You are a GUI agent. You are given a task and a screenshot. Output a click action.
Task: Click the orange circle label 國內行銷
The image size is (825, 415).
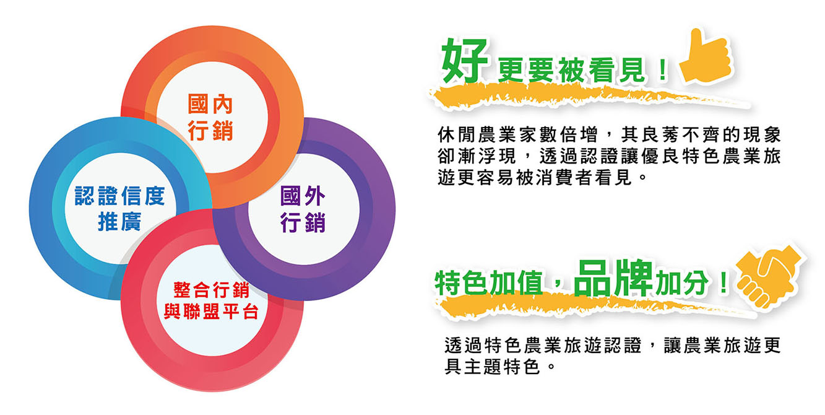click(210, 118)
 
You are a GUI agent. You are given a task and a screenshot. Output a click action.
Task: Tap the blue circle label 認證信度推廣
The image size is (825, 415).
click(119, 209)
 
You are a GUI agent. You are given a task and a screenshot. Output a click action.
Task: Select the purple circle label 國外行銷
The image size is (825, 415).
click(303, 209)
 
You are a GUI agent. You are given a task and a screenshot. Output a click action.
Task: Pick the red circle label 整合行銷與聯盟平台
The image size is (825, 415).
click(212, 301)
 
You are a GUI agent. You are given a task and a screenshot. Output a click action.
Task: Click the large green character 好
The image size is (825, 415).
click(465, 61)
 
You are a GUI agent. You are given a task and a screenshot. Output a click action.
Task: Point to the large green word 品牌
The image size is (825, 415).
click(613, 278)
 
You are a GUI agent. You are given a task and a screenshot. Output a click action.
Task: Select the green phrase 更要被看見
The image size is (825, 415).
click(571, 70)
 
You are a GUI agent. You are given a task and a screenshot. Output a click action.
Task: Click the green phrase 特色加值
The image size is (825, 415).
click(489, 282)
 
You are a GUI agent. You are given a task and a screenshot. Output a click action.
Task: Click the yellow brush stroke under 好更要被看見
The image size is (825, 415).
click(589, 96)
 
